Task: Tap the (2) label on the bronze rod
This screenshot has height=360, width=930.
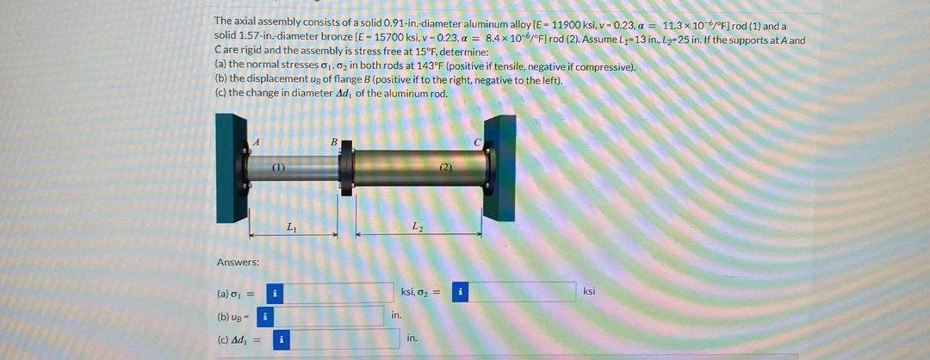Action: (x=446, y=164)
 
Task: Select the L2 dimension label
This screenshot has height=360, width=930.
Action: (x=418, y=227)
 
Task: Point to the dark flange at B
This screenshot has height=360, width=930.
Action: (x=345, y=165)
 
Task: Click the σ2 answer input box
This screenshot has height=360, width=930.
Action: (x=523, y=292)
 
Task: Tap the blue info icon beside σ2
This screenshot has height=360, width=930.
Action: (x=462, y=292)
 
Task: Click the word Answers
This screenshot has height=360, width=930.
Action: (x=238, y=262)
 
